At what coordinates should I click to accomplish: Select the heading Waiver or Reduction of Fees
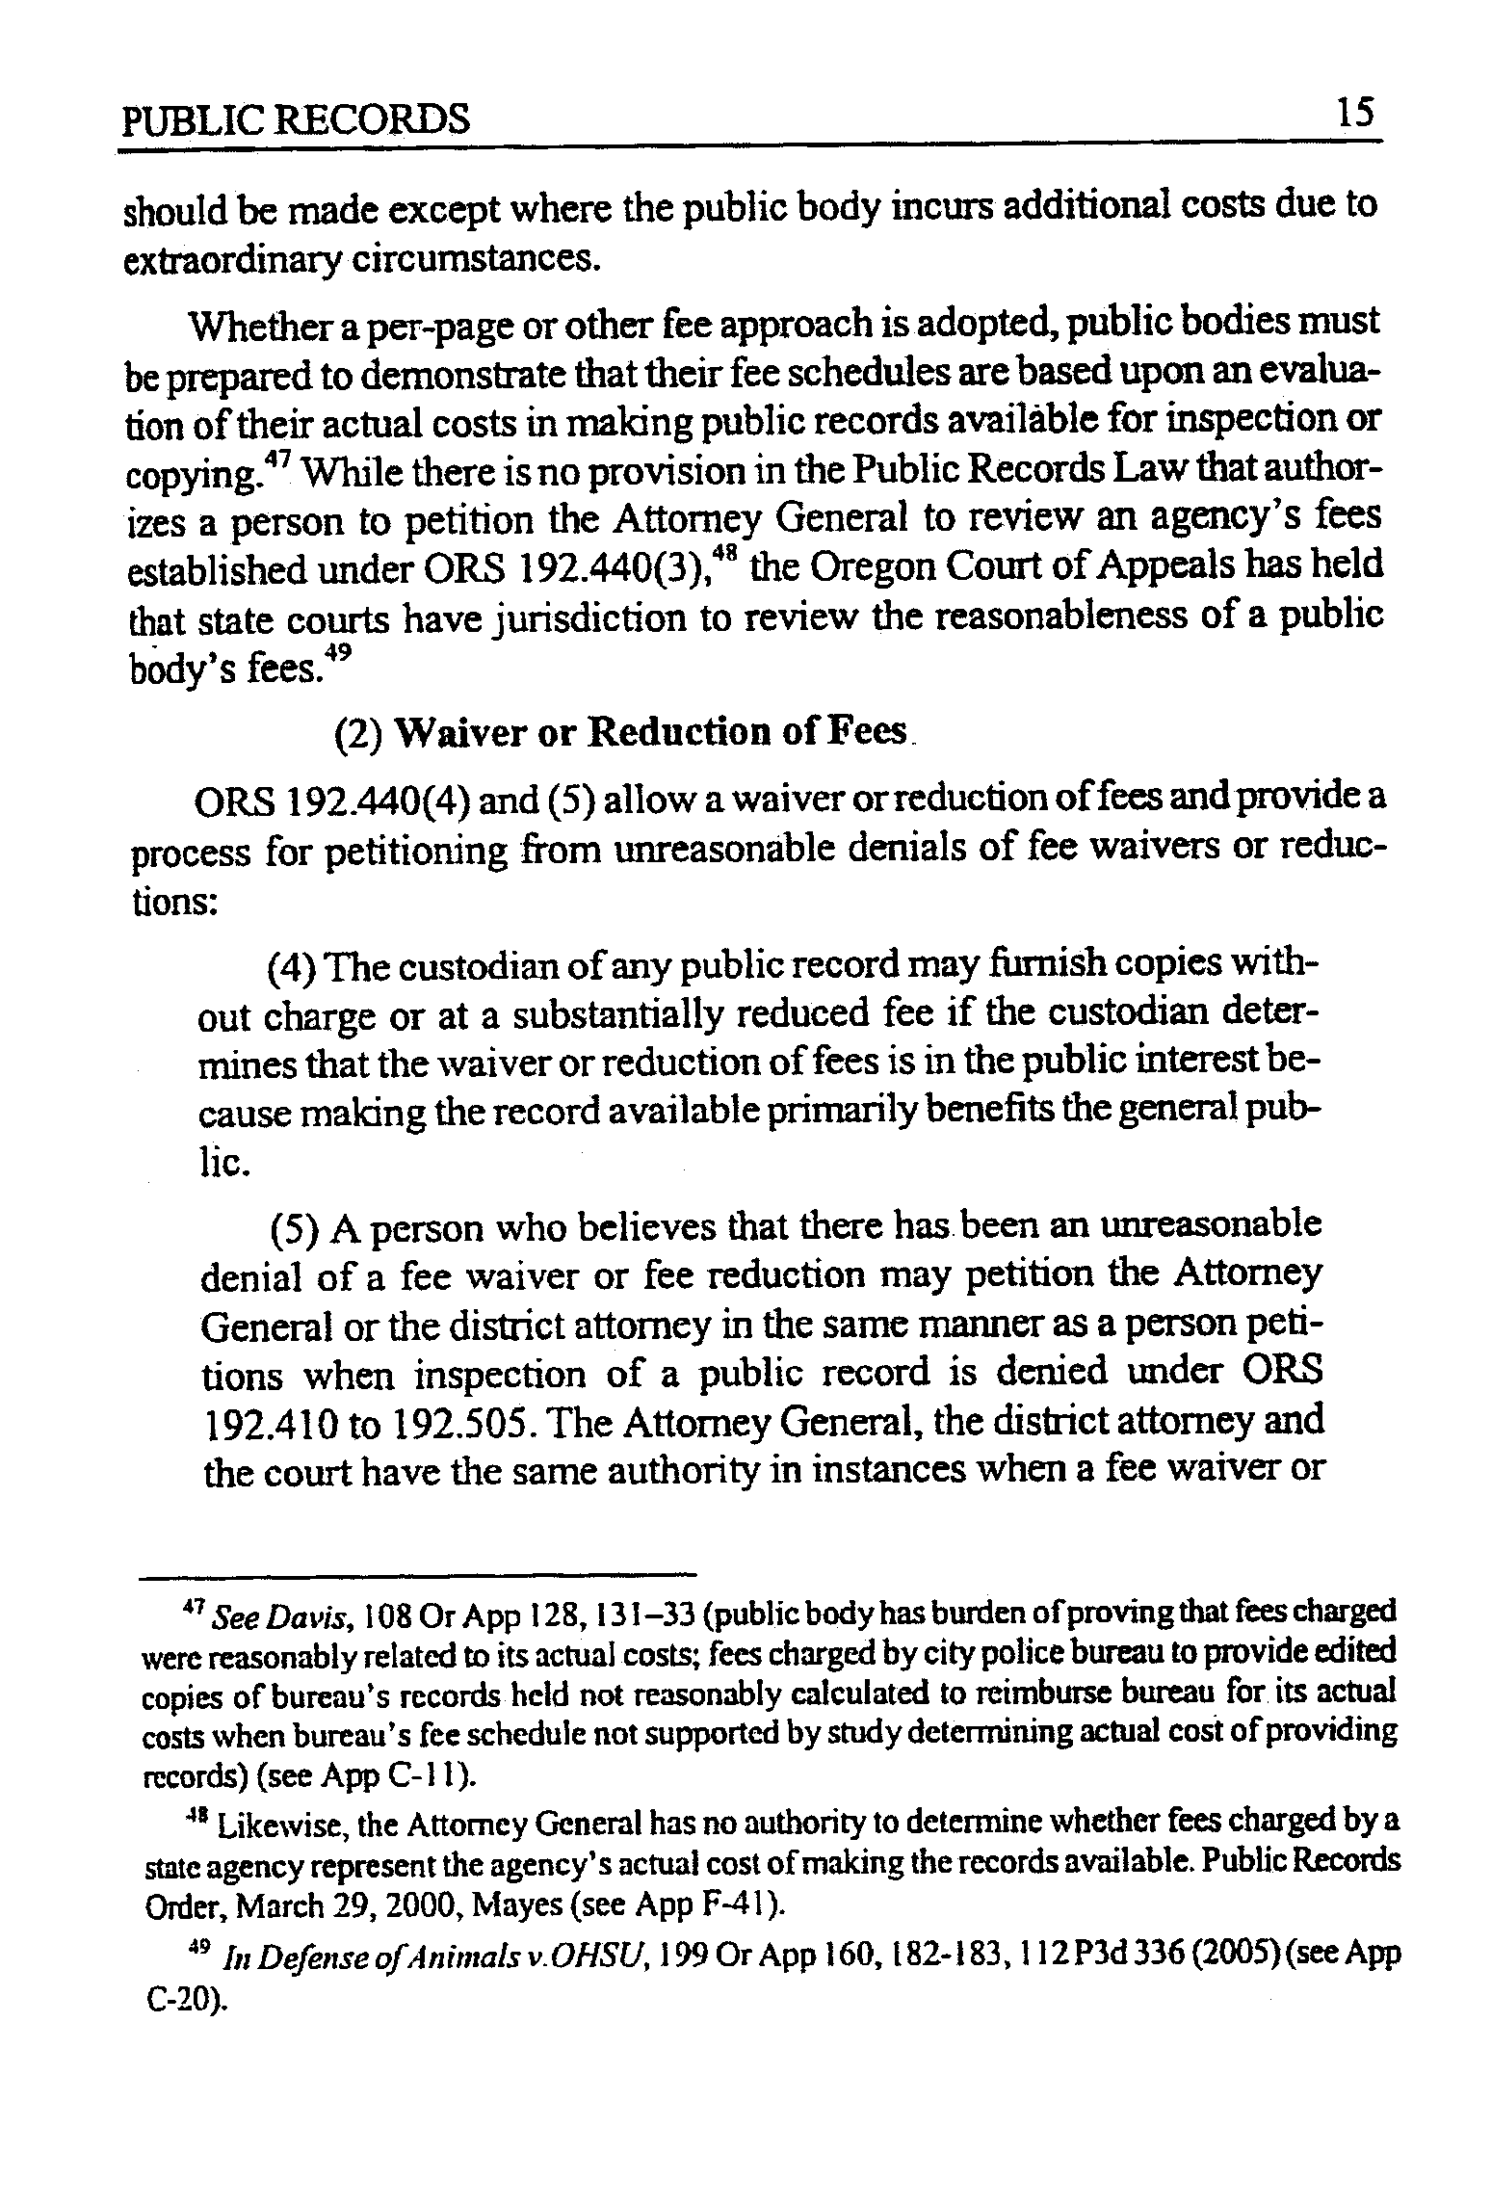coord(652,732)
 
